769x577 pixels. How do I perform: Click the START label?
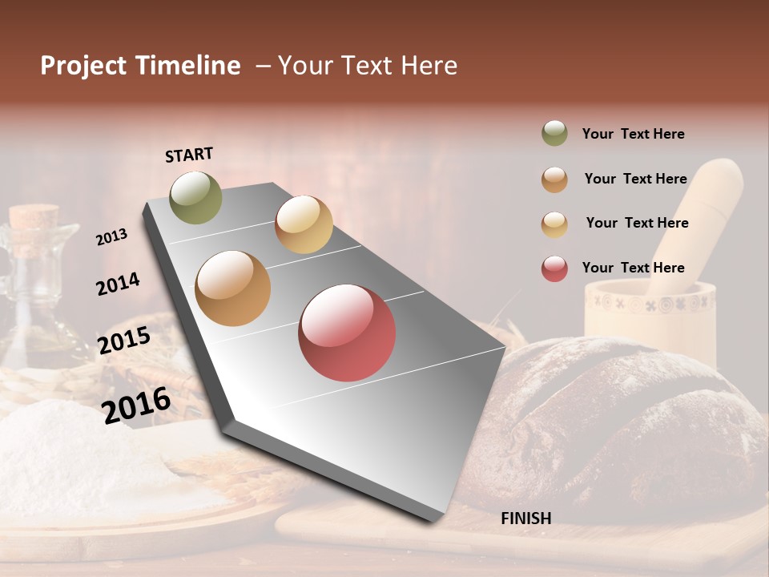tap(189, 154)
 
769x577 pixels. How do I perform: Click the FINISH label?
tap(525, 518)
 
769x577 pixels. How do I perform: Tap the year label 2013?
tap(111, 236)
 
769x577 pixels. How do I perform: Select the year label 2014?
tap(118, 284)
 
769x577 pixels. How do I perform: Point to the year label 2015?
tap(123, 340)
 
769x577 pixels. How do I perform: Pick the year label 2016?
tap(136, 405)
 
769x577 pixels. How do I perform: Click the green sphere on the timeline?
tap(195, 197)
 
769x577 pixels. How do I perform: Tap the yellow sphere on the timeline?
tap(304, 224)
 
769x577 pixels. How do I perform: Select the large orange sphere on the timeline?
tap(233, 288)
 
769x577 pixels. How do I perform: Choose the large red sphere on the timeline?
tap(347, 333)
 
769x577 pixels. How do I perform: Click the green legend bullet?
tap(554, 134)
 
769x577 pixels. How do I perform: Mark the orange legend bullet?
tap(554, 180)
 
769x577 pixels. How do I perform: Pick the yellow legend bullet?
tap(554, 224)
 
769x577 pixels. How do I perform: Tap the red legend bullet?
tap(554, 268)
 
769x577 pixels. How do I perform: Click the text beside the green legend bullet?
tap(633, 134)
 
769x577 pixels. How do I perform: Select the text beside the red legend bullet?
tap(633, 268)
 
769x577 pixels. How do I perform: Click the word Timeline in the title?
tap(187, 66)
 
